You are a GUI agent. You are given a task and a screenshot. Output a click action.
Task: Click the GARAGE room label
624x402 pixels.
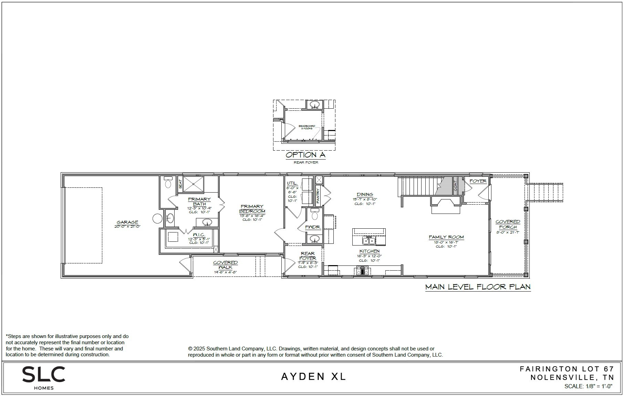(x=127, y=222)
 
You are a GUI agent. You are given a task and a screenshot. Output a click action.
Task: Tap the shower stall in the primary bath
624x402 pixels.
(x=193, y=184)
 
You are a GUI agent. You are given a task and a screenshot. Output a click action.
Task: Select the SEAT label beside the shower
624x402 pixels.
(x=180, y=184)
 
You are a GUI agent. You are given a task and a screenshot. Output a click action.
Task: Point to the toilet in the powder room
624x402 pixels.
(x=314, y=215)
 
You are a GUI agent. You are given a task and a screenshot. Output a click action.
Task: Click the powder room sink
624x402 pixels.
(x=314, y=238)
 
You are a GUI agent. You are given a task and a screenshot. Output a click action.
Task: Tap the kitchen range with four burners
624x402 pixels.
(x=362, y=271)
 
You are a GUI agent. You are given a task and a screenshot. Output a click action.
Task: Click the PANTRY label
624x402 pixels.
(x=318, y=195)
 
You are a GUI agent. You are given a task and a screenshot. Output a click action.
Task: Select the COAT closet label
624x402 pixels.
(x=455, y=186)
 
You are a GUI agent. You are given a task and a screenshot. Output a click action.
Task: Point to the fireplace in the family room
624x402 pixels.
(x=446, y=205)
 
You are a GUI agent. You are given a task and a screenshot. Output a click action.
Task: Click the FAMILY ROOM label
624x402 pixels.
(x=446, y=237)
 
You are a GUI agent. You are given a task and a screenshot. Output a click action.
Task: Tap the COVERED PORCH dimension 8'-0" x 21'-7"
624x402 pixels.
(x=508, y=232)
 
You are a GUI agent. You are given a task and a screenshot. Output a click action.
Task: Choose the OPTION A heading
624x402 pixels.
(x=305, y=155)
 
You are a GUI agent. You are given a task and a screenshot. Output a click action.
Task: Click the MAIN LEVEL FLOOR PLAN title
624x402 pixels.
(x=478, y=287)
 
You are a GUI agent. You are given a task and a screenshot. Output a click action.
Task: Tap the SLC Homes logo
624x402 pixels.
(x=44, y=378)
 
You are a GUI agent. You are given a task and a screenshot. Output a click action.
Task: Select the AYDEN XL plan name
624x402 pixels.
(x=313, y=377)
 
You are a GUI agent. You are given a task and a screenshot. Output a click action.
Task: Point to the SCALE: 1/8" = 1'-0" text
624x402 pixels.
(x=588, y=386)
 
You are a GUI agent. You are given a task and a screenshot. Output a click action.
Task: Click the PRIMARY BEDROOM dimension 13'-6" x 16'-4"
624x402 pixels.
(x=252, y=216)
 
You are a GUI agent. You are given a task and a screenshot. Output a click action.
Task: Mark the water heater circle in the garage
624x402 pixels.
(x=157, y=218)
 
